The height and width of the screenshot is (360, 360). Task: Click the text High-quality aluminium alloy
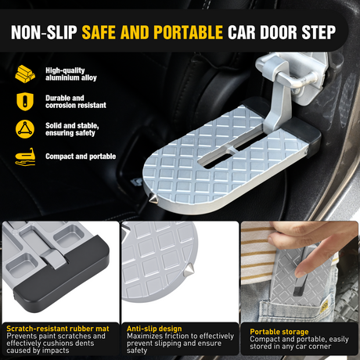coord(71,74)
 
